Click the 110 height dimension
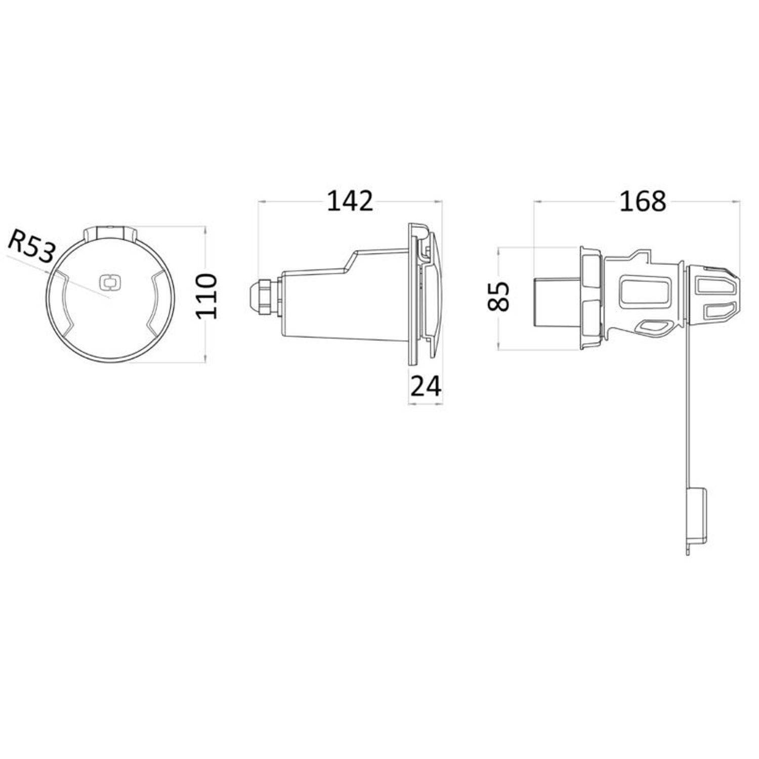[207, 296]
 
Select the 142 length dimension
[350, 201]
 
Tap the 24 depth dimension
[426, 387]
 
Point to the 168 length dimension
[643, 201]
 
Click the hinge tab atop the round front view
[110, 233]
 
